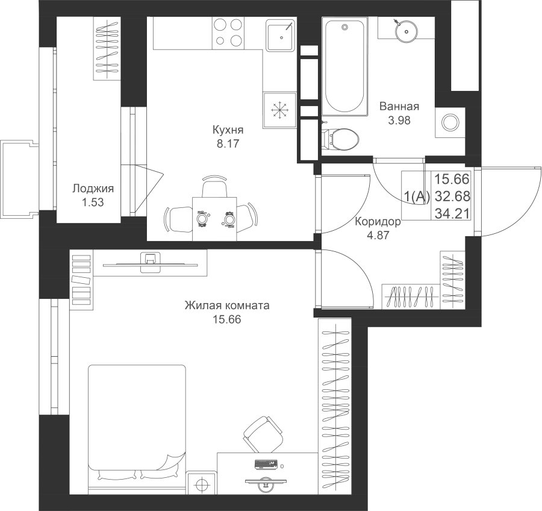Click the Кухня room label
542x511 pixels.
point(228,130)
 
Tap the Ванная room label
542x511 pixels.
point(399,107)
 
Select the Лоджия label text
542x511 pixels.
point(93,189)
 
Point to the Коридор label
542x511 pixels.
point(378,222)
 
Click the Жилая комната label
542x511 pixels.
point(227,306)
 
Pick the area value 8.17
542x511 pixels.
point(228,143)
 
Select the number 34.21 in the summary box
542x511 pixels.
point(453,211)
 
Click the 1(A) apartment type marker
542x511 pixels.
point(416,195)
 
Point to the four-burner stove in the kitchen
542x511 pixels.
point(228,33)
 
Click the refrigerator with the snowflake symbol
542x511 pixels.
point(279,110)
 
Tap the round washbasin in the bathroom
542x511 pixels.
point(402,27)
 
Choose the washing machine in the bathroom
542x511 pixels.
point(450,122)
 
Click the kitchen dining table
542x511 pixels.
point(214,218)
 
